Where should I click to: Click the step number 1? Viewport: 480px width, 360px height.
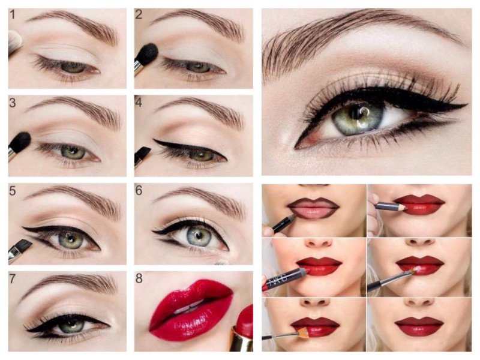pos(12,14)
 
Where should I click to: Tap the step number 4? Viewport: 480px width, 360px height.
pos(139,103)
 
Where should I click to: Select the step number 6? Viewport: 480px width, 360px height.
pos(139,190)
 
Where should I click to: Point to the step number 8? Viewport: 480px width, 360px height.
pos(139,278)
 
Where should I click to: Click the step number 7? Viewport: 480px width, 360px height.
pos(12,278)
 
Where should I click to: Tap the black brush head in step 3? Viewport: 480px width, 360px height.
pos(20,143)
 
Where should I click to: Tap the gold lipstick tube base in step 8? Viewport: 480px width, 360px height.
pos(242,339)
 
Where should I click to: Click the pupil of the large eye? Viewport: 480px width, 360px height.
pos(358,113)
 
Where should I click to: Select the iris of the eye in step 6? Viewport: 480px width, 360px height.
pos(200,236)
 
